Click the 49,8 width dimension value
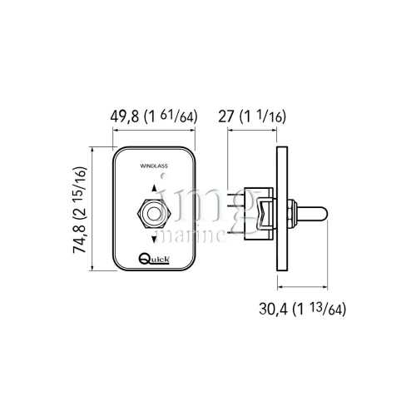(124, 116)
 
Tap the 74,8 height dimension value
(80, 239)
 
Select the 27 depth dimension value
(226, 116)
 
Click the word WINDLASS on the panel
(154, 166)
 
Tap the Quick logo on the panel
(154, 259)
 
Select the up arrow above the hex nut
(154, 188)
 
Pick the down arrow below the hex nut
(154, 239)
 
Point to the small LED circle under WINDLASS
(164, 176)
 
